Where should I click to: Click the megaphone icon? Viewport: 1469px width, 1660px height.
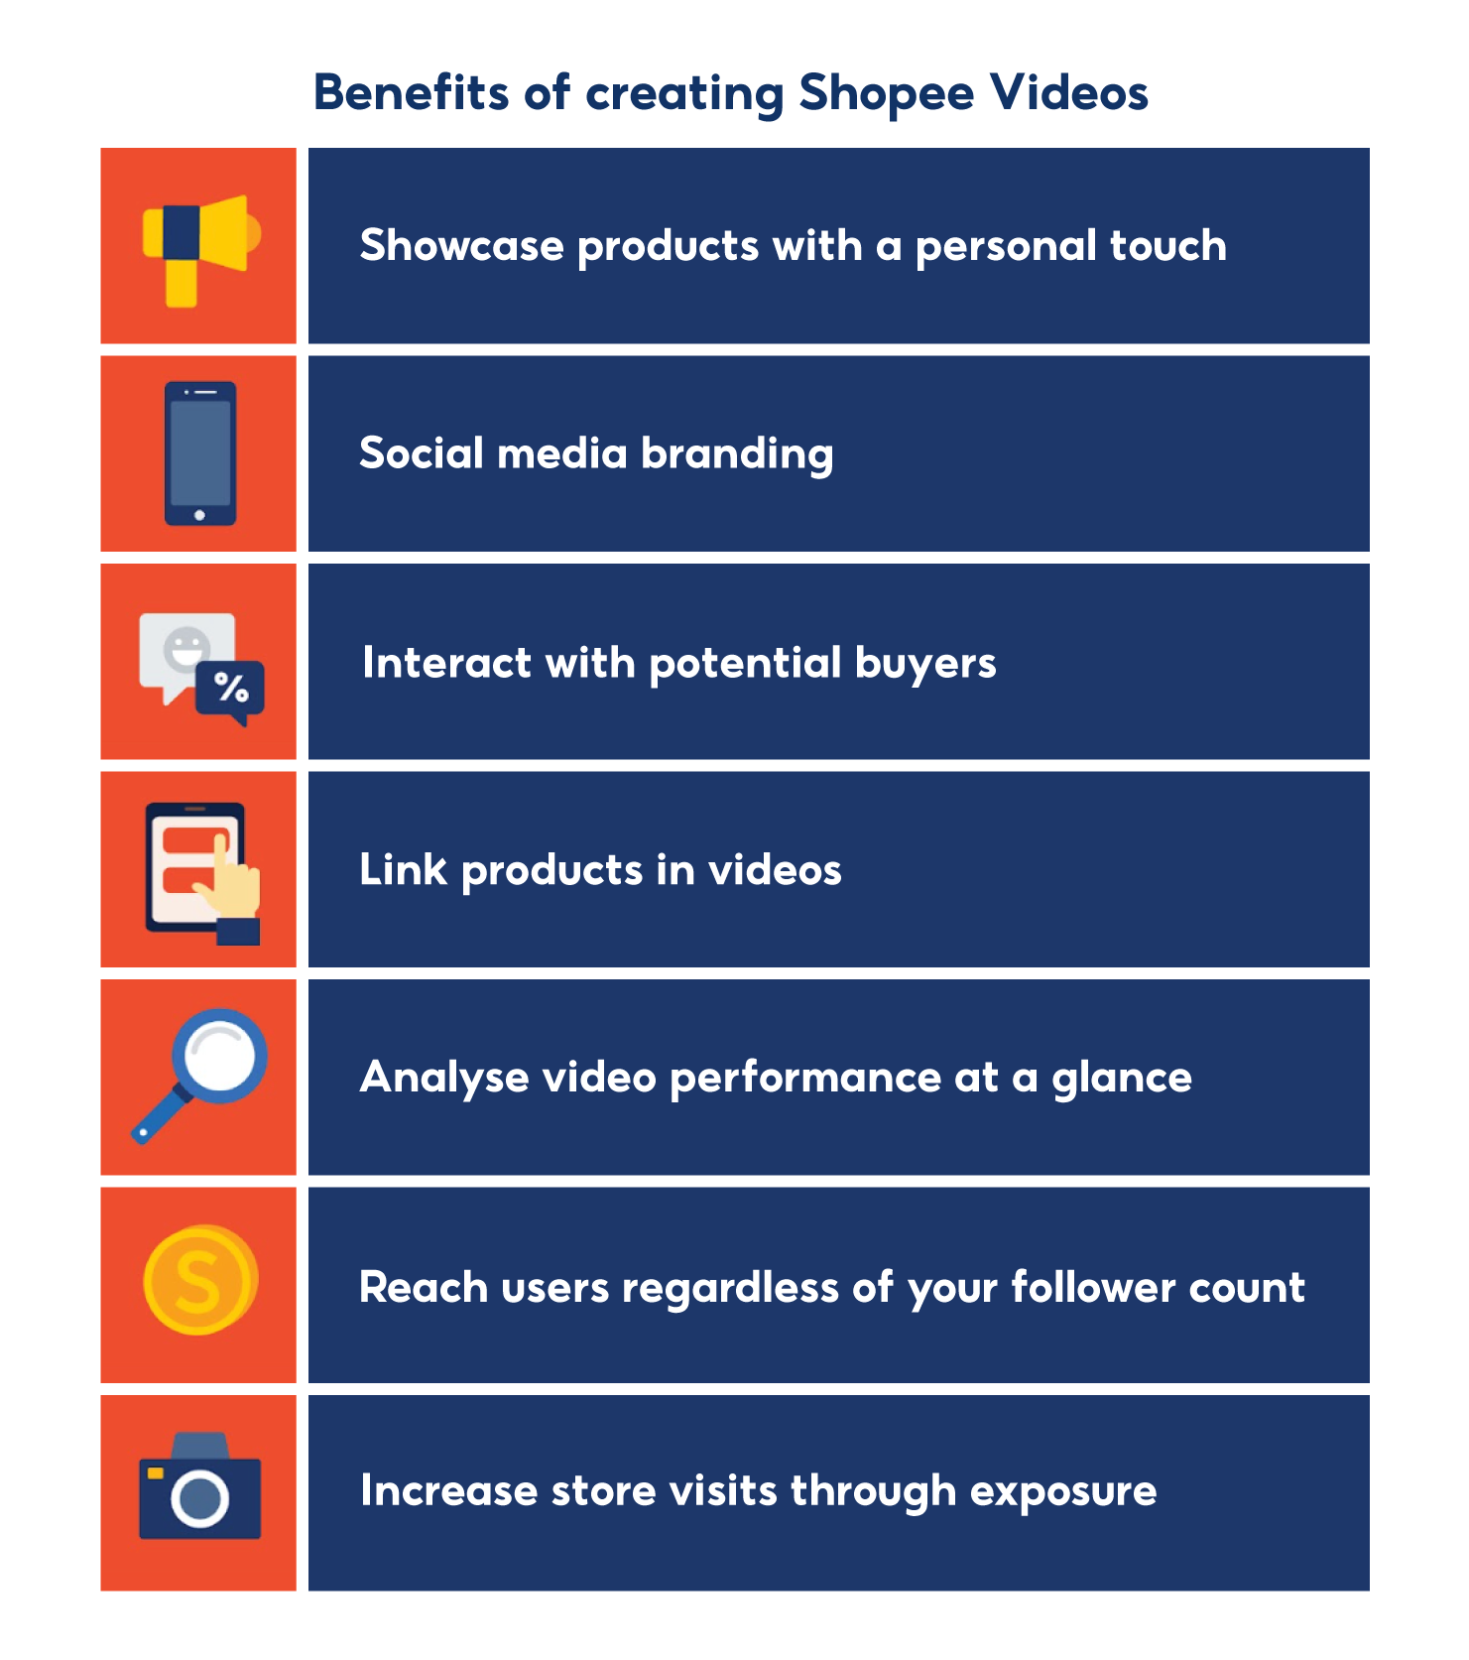(199, 247)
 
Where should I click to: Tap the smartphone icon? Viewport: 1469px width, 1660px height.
(199, 453)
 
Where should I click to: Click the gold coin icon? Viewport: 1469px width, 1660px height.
(200, 1280)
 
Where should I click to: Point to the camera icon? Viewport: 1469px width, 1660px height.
(199, 1487)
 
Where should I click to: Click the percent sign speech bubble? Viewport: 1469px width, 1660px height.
(231, 688)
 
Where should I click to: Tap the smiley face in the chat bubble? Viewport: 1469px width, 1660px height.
(185, 648)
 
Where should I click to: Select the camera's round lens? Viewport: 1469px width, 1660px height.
(199, 1498)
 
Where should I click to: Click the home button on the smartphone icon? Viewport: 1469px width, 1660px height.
(199, 515)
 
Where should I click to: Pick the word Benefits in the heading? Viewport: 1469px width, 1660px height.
(411, 93)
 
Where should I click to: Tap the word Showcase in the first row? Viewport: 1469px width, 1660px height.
(461, 246)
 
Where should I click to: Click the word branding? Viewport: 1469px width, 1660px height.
(737, 454)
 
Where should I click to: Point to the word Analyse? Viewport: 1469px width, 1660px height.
(444, 1079)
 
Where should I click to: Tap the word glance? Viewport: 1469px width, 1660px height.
(1122, 1079)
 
